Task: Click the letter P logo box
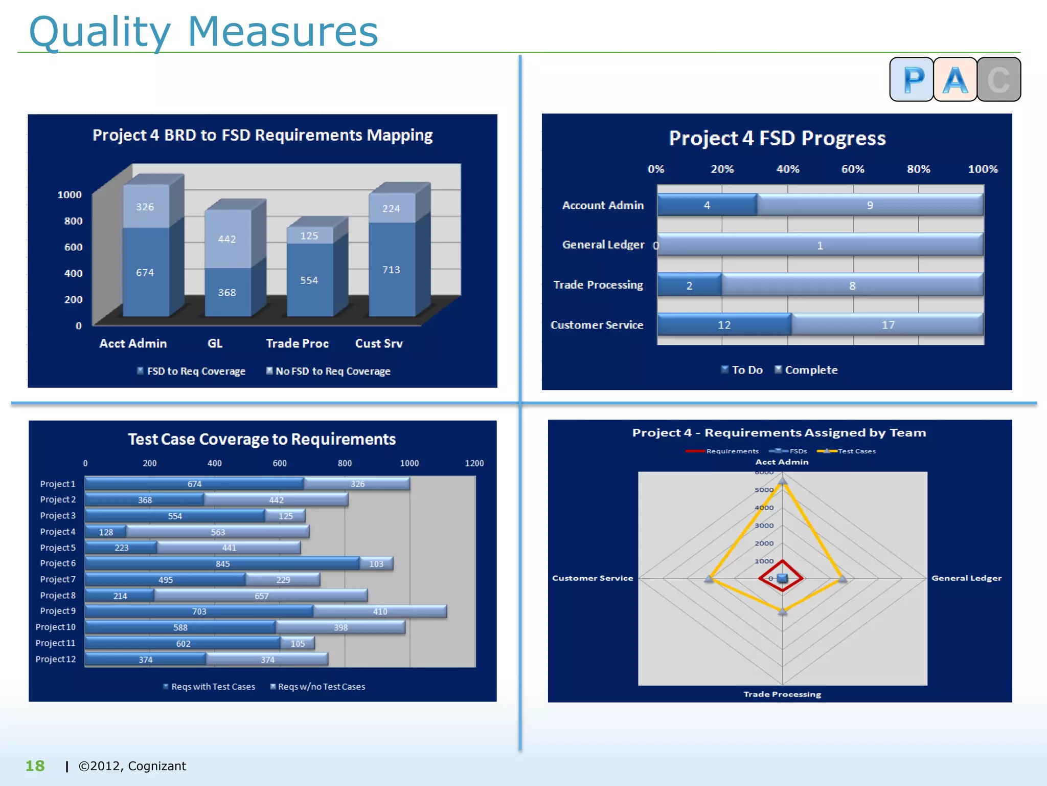point(912,79)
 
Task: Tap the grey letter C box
point(998,79)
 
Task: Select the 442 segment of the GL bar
point(227,239)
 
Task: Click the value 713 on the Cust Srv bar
point(391,270)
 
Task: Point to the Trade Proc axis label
point(297,343)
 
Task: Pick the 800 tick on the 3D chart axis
point(73,221)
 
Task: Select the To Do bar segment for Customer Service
point(724,325)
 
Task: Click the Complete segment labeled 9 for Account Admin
point(870,205)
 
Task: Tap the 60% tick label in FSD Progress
point(853,169)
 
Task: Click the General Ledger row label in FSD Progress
point(603,245)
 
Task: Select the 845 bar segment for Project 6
point(222,563)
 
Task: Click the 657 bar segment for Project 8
point(261,596)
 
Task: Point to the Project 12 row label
point(55,659)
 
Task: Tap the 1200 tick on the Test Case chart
point(474,463)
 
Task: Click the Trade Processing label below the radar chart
point(782,694)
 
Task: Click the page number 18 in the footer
point(35,766)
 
